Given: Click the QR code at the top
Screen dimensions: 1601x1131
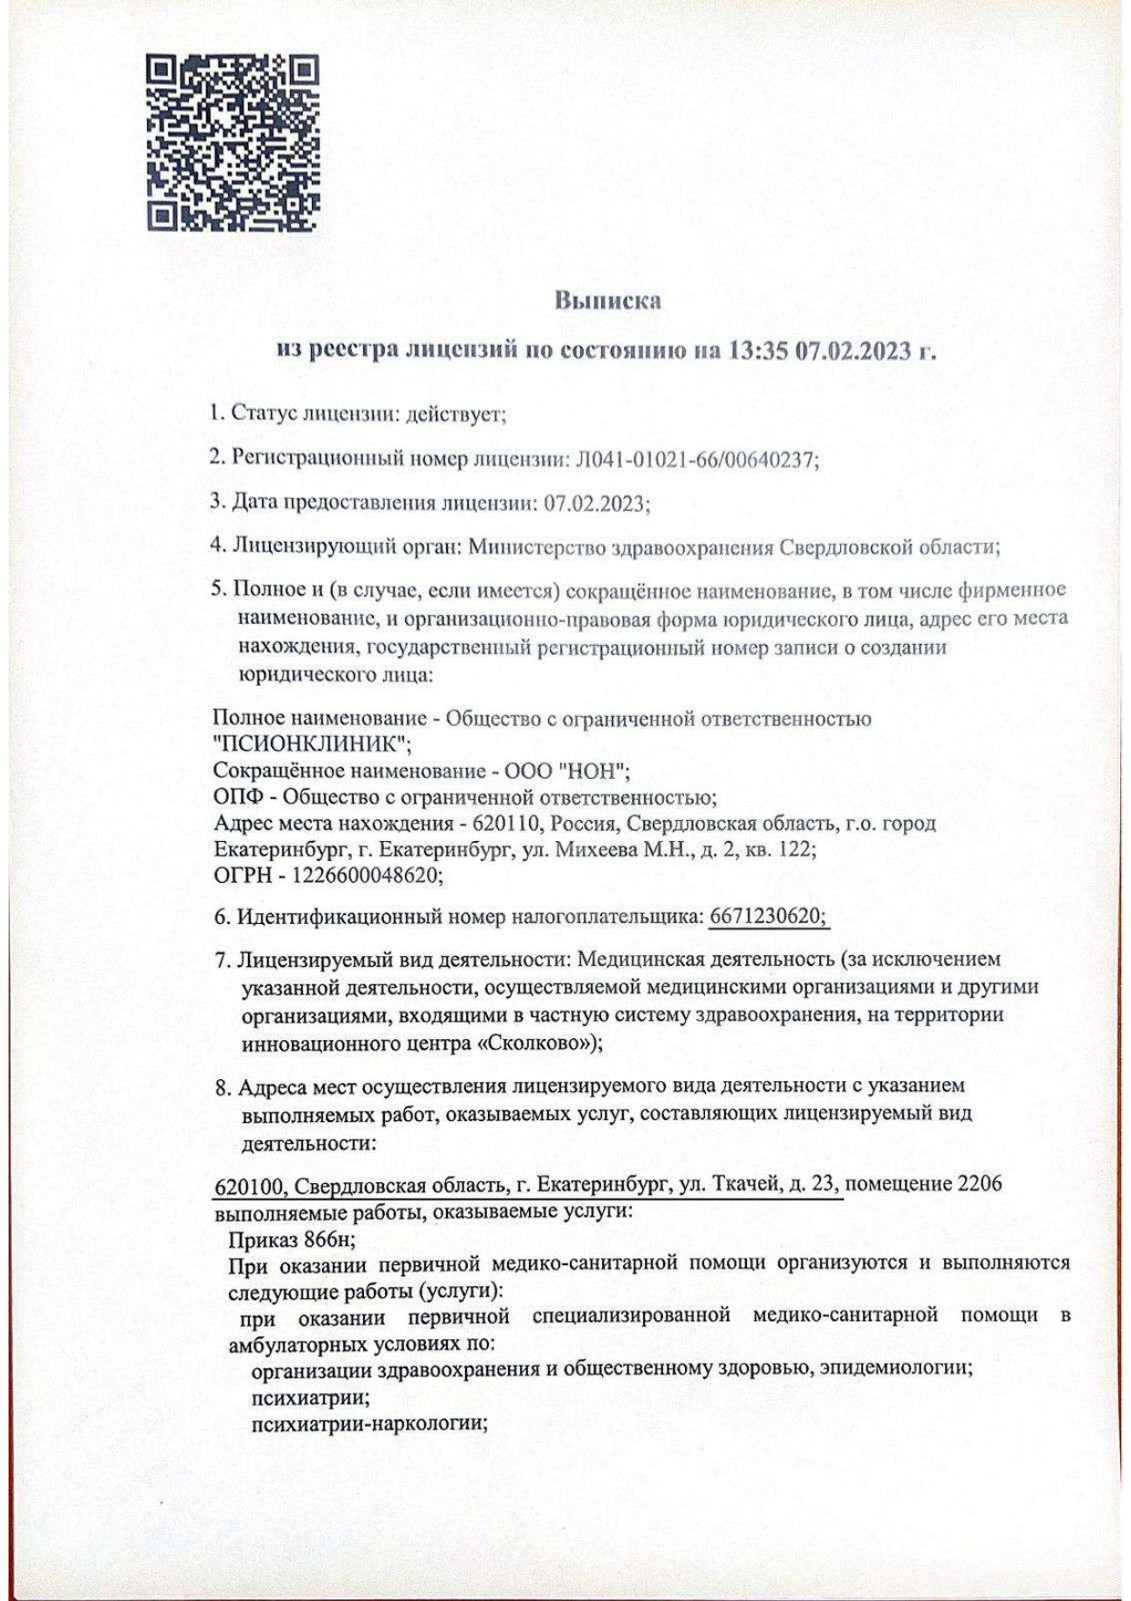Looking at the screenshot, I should pos(233,142).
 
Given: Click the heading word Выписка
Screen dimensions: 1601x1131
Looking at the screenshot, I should pos(607,300).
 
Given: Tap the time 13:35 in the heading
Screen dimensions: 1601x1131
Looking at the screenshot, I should pos(757,351).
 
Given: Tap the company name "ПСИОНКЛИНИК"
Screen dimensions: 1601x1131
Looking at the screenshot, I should pos(312,744).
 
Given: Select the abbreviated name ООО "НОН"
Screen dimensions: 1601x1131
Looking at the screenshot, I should pos(568,772).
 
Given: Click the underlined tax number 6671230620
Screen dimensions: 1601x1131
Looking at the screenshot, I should pos(767,917).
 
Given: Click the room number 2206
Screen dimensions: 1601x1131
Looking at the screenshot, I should pos(980,1184).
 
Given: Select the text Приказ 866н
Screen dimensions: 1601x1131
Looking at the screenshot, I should pos(292,1240).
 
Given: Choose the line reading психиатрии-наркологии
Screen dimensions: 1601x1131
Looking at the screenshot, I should pos(368,1423).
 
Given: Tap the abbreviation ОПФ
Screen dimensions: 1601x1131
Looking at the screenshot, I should pos(238,797).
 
